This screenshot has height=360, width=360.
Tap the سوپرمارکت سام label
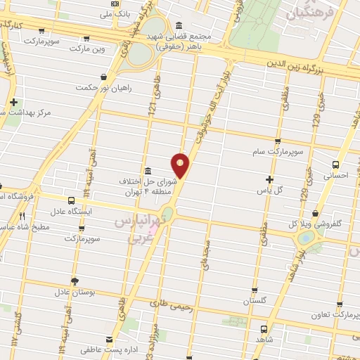click(278, 151)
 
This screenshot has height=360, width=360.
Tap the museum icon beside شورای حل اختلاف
click(148, 172)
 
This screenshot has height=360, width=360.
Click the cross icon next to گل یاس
click(269, 179)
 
